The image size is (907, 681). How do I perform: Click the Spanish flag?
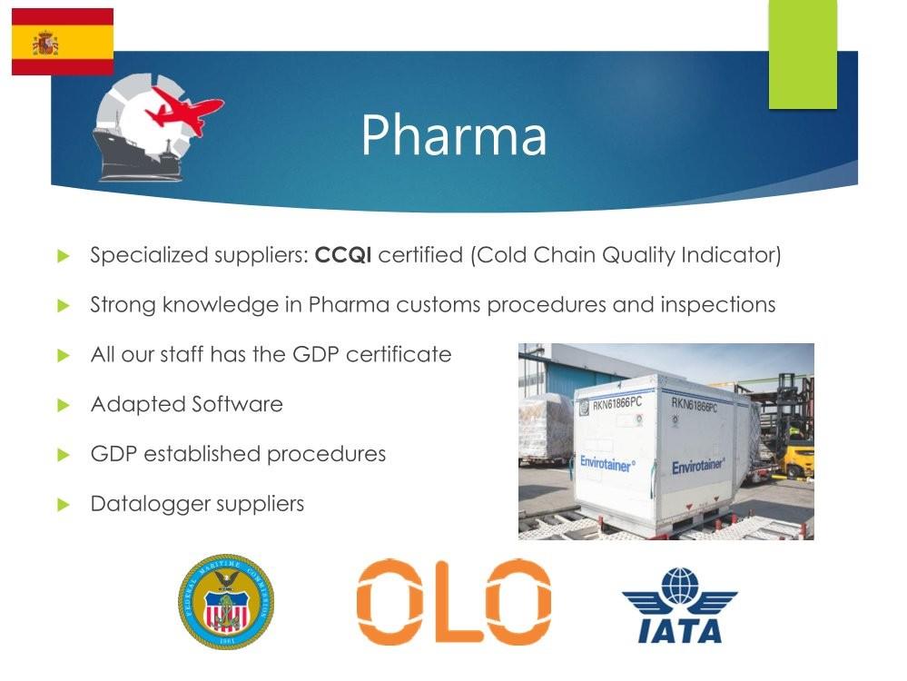pos(63,42)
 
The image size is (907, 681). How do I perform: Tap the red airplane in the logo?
pos(183,113)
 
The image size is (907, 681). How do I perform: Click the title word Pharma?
pos(454,135)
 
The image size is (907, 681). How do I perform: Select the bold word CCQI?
pos(343,254)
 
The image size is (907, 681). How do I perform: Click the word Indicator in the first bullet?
pos(731,254)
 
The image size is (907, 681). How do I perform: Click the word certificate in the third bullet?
pos(399,354)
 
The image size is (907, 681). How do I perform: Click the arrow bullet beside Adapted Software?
pos(64,405)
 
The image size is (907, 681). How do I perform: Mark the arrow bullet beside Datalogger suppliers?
pos(64,505)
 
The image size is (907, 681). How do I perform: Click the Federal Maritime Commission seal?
pos(225,602)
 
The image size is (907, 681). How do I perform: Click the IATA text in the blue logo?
pos(680,631)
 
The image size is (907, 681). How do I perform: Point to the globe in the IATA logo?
pos(681,587)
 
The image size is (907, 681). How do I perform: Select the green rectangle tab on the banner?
pos(803,54)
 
